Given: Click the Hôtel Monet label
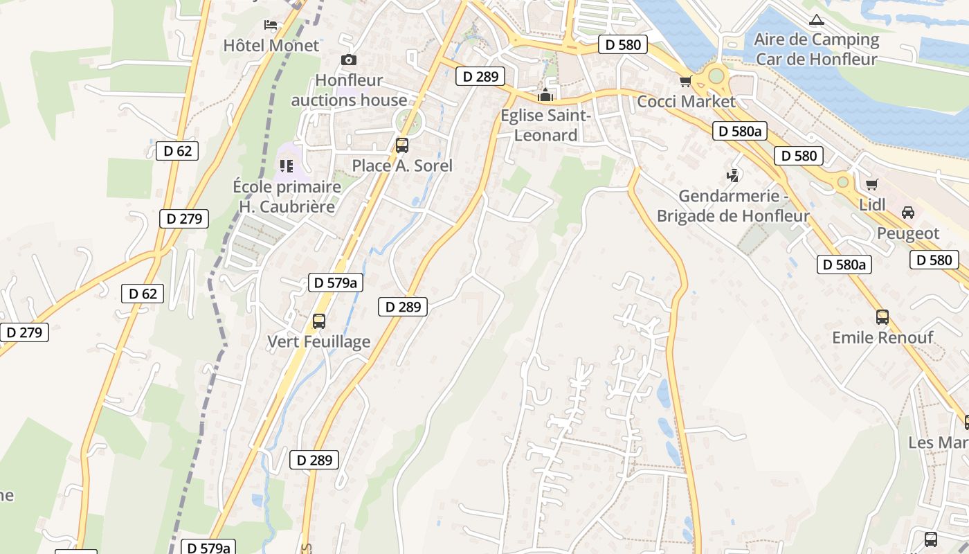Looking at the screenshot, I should pos(271,46).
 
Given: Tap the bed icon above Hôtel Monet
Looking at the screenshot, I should pos(271,26).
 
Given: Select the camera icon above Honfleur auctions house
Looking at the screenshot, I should pos(349,60).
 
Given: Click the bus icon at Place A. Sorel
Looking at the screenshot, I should pos(402,145).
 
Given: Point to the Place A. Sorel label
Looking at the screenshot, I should pos(402,166).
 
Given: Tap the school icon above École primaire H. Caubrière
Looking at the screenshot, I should pos(286,166).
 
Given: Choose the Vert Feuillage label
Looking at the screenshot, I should pos(319,341).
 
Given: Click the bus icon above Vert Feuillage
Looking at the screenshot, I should pos(319,321).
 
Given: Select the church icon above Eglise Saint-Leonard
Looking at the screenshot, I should pos(546,95).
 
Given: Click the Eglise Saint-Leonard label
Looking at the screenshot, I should pos(546,125).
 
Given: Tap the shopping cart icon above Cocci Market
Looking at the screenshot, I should pos(686,82).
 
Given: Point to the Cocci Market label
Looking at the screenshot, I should pos(686,102).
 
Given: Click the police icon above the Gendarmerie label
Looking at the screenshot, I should pos(733,176).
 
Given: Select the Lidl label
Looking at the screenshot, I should pos(872,204).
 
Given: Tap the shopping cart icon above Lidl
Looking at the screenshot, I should pos(872,184).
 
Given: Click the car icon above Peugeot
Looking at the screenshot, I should pos(908,213).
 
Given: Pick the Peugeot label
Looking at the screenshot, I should pos(908,233).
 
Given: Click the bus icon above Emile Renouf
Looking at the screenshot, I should pos(882,317).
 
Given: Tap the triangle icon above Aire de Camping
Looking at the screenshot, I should pos(817,19).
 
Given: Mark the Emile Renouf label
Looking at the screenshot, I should pos(882,337).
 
